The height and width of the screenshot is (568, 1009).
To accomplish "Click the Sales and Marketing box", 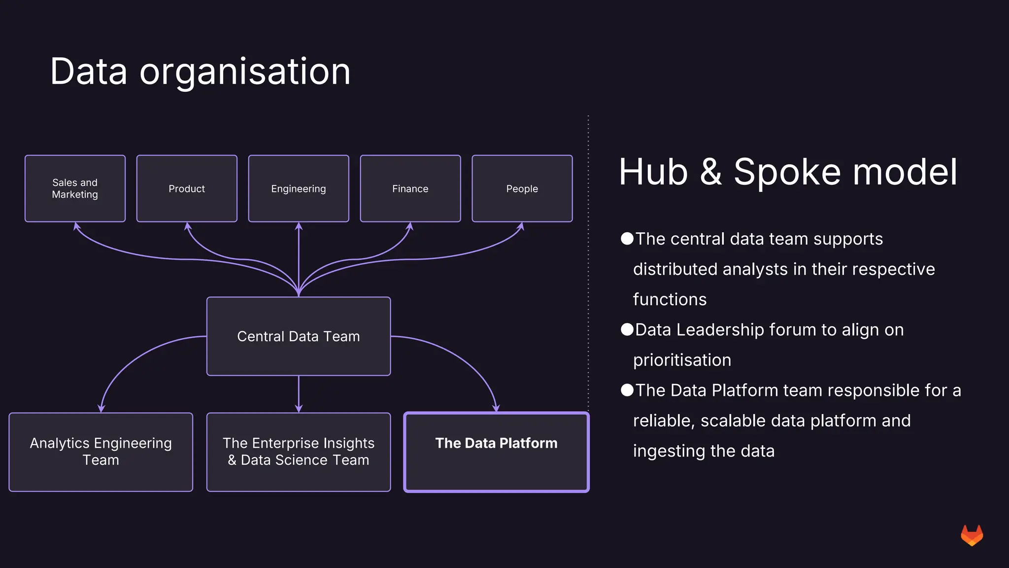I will (75, 188).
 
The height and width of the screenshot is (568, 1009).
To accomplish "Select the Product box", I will (187, 188).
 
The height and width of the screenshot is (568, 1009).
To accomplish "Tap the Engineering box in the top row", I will (299, 188).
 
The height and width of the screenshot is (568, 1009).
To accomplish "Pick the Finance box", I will (410, 188).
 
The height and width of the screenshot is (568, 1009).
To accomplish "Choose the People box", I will (522, 188).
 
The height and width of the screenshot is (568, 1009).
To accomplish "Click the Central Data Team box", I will (299, 336).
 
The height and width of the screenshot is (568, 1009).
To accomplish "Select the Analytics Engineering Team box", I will (101, 452).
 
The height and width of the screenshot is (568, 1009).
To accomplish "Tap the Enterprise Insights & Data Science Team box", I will (299, 452).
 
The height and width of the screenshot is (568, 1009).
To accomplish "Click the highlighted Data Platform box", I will (497, 452).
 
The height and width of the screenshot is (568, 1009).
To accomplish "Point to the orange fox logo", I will (972, 535).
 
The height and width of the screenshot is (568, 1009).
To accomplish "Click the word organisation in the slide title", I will (245, 72).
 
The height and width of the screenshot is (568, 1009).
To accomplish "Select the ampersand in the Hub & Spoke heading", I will (710, 172).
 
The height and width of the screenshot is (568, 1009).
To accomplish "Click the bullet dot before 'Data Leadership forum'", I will (627, 329).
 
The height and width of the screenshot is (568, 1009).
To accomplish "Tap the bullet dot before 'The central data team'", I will (627, 239).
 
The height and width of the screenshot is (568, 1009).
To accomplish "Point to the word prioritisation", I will (682, 360).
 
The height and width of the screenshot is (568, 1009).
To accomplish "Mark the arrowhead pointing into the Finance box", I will (410, 226).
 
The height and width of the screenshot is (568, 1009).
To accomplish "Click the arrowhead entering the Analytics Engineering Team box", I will (101, 408).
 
